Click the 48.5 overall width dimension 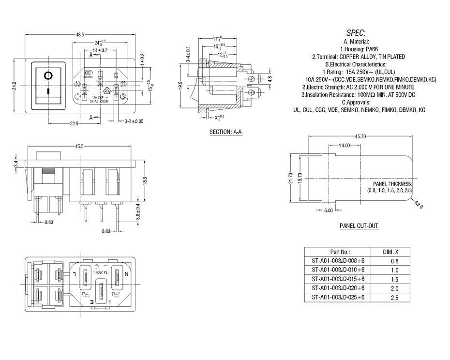(80, 34)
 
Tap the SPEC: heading (356, 33)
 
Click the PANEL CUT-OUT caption (359, 226)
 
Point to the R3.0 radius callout (419, 206)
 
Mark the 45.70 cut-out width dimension (360, 137)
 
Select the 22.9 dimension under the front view (74, 123)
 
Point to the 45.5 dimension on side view (80, 146)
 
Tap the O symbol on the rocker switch (47, 75)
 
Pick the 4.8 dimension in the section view (270, 78)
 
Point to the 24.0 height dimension (15, 86)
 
